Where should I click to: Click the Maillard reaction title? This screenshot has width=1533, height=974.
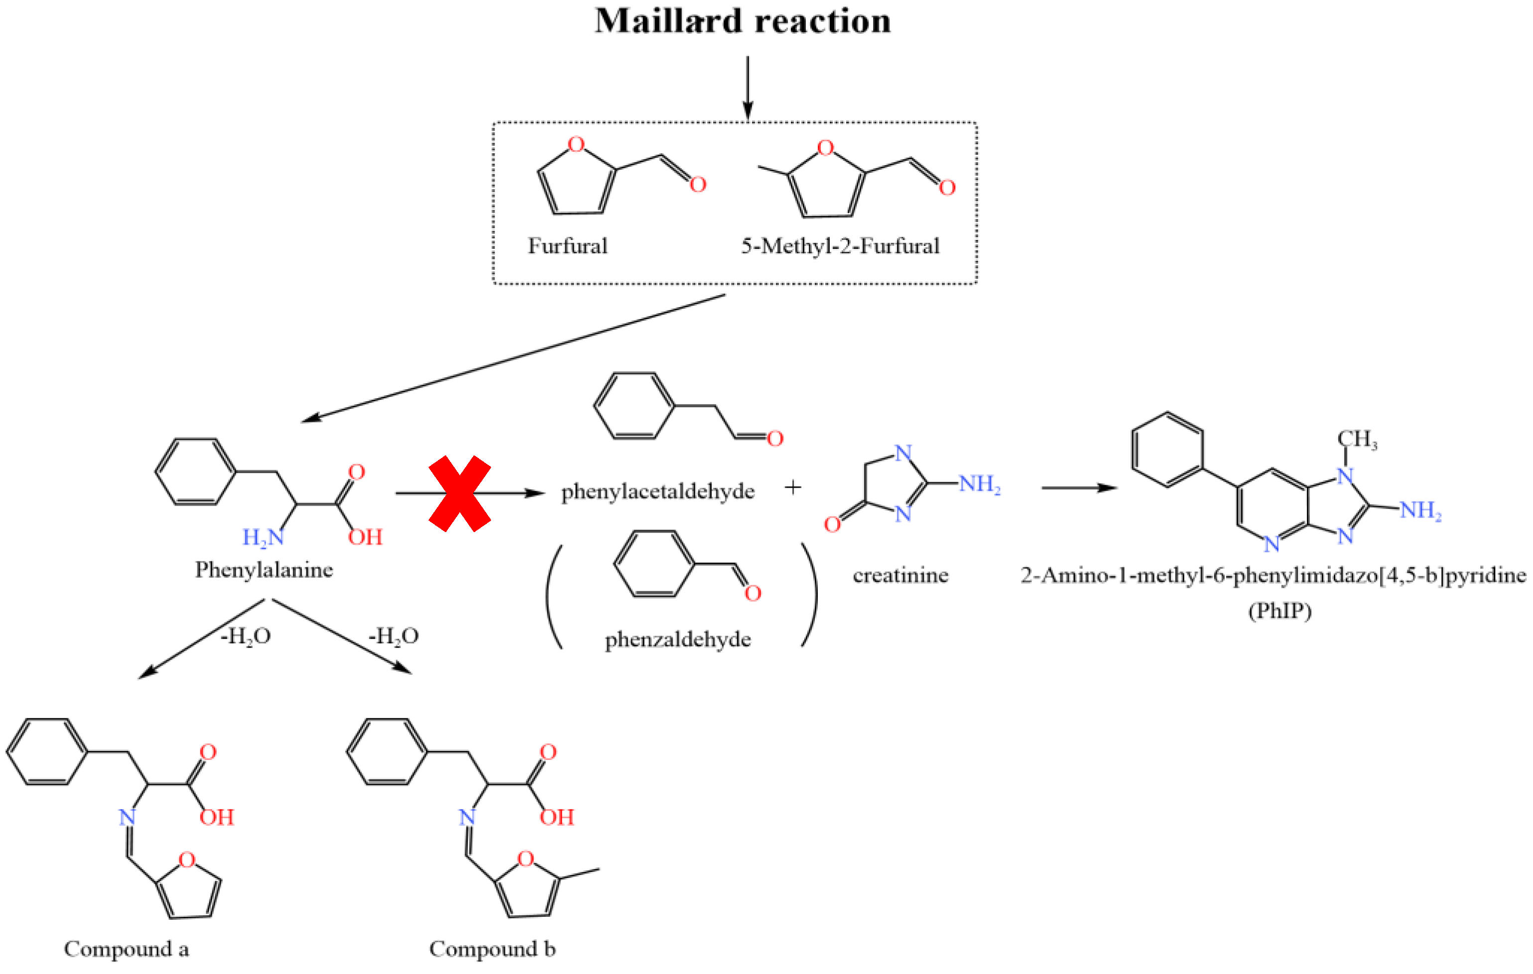pyautogui.click(x=742, y=21)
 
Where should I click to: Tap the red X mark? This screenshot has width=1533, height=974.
pyautogui.click(x=460, y=493)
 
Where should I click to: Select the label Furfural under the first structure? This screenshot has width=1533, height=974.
pyautogui.click(x=567, y=246)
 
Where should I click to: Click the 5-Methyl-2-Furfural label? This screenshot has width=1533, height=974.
pyautogui.click(x=840, y=246)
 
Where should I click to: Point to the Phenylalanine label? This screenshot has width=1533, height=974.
pyautogui.click(x=263, y=570)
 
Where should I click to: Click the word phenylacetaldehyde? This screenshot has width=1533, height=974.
pyautogui.click(x=657, y=492)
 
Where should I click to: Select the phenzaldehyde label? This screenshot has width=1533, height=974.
pyautogui.click(x=677, y=640)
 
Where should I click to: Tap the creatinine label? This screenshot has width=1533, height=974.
pyautogui.click(x=900, y=576)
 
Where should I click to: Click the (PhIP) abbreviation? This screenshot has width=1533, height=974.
pyautogui.click(x=1279, y=611)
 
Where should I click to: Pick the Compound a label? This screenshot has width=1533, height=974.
pyautogui.click(x=126, y=949)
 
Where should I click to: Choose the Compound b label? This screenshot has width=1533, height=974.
pyautogui.click(x=492, y=949)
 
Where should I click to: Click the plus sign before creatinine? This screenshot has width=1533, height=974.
pyautogui.click(x=792, y=487)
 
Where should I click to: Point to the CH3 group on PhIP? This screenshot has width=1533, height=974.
pyautogui.click(x=1357, y=439)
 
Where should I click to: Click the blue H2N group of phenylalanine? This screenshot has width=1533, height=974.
pyautogui.click(x=262, y=538)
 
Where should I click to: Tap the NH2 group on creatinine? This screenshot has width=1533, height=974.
pyautogui.click(x=979, y=484)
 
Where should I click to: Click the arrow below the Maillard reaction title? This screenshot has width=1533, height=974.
pyautogui.click(x=748, y=87)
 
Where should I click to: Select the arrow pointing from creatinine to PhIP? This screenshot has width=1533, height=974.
pyautogui.click(x=1079, y=488)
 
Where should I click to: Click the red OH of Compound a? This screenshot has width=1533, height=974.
pyautogui.click(x=217, y=818)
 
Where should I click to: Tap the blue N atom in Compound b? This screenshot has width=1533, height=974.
pyautogui.click(x=467, y=817)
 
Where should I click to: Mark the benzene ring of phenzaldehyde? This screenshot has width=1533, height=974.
pyautogui.click(x=654, y=564)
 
